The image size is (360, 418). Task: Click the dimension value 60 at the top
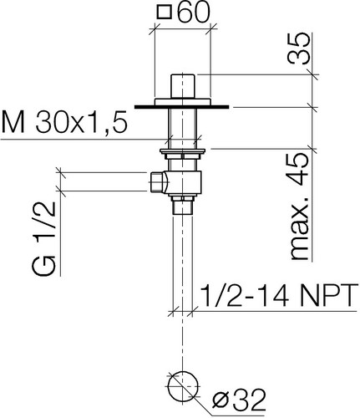[x=193, y=13]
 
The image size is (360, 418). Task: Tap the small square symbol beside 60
[x=165, y=13]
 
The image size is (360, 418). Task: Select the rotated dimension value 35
[x=298, y=49]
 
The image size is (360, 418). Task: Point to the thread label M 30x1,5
[x=64, y=122]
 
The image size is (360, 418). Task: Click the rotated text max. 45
[x=300, y=206]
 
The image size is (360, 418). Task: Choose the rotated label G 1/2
[x=44, y=238]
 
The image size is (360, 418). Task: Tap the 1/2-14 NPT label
[x=279, y=295]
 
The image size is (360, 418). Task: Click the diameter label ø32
[x=239, y=401]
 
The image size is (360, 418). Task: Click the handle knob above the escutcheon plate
[x=183, y=86]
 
